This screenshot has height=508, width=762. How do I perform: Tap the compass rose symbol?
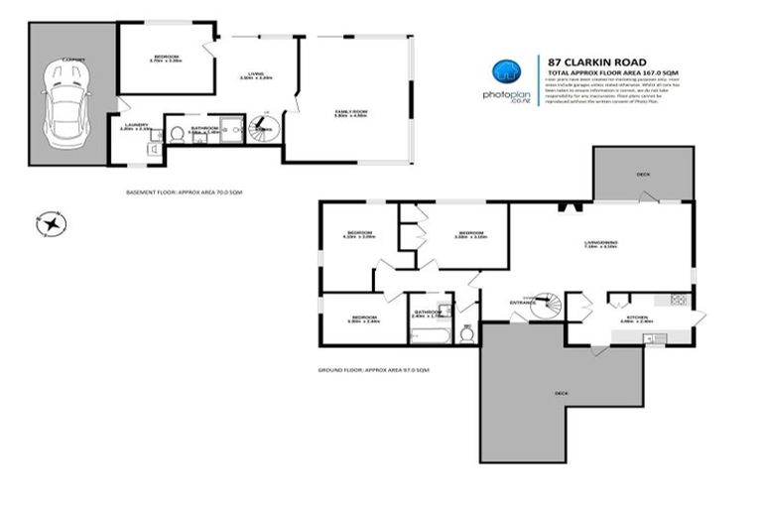click(x=49, y=226)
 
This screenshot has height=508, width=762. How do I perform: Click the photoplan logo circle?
click(x=507, y=72)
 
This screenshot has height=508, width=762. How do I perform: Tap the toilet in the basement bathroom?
click(x=177, y=133)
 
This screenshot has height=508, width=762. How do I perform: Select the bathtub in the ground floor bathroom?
click(x=431, y=333)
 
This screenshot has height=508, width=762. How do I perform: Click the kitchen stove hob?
click(x=679, y=299)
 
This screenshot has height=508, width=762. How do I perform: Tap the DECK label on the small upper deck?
click(x=643, y=175)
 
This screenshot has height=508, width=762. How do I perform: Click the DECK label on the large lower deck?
click(x=562, y=394)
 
